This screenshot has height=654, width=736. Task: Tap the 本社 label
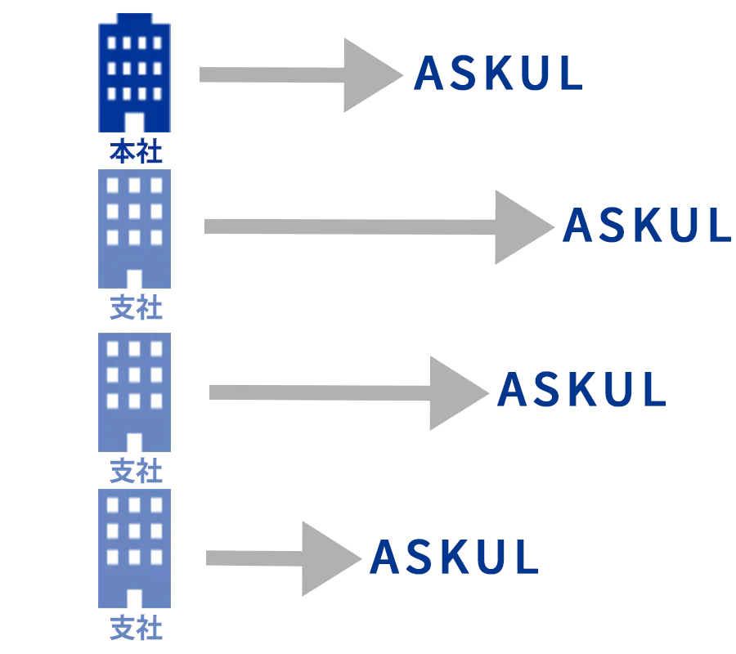coord(136,152)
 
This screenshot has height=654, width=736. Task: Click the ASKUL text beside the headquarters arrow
coord(498,74)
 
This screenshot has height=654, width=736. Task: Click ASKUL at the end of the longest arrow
coord(646,226)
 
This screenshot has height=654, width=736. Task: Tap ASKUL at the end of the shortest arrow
coord(454,558)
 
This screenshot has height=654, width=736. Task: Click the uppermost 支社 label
coord(136,309)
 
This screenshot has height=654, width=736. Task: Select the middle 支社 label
coord(136,471)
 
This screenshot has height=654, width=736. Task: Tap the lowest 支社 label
coord(136,629)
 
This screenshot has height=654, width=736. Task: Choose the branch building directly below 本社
coord(135,229)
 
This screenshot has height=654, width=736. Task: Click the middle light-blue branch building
coord(135,392)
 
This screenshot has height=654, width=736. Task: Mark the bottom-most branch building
coord(135,548)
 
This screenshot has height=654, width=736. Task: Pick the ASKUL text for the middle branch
coord(581,391)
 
